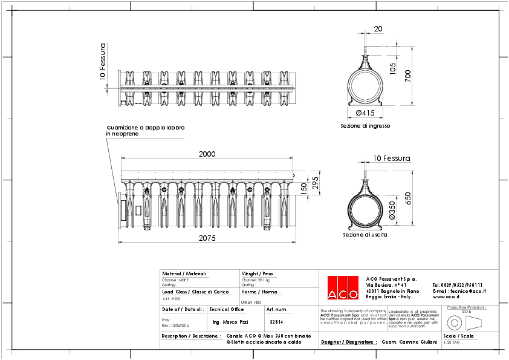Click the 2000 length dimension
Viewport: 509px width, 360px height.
[207, 154]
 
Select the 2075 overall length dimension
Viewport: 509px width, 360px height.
[207, 238]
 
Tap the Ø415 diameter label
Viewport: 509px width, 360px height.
[365, 113]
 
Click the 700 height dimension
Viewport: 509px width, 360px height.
[407, 76]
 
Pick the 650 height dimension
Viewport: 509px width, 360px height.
[407, 198]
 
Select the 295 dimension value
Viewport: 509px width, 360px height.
[315, 182]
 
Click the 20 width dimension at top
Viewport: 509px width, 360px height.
[378, 28]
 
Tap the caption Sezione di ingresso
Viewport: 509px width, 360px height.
[366, 126]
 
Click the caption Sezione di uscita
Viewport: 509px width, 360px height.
[365, 234]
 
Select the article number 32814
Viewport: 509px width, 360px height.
[276, 322]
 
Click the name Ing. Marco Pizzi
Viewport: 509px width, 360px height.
[231, 322]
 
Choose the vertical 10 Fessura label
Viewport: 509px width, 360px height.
[103, 61]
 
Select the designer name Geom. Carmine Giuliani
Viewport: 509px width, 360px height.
[409, 342]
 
